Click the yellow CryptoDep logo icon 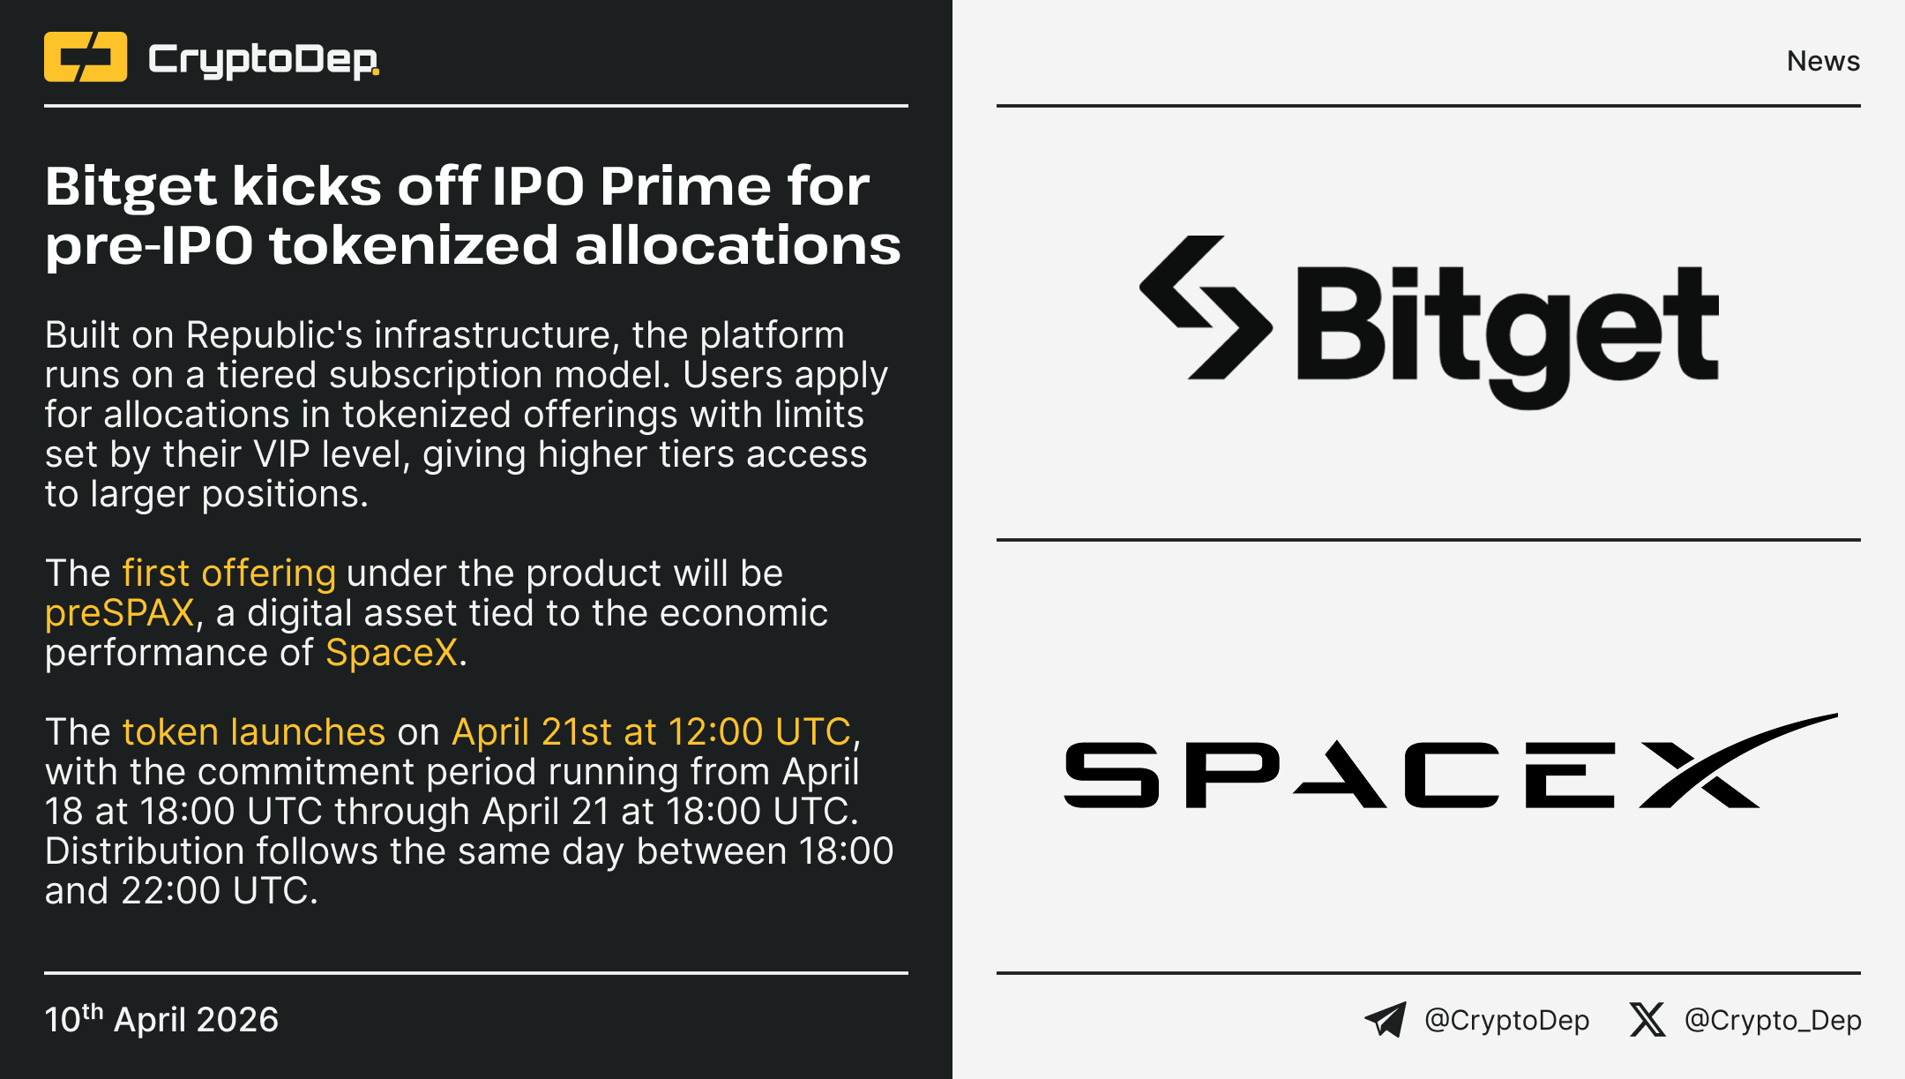click(x=86, y=56)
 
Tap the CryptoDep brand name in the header click(x=264, y=60)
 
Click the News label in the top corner click(x=1823, y=61)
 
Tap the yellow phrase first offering click(x=229, y=574)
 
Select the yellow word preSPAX click(x=119, y=613)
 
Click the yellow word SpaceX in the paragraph click(x=392, y=654)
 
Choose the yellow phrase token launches click(x=254, y=732)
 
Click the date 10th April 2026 click(x=161, y=1019)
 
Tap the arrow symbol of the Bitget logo click(x=1206, y=307)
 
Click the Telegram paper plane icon click(x=1386, y=1020)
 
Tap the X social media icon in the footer click(x=1647, y=1020)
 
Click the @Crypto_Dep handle click(x=1773, y=1021)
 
